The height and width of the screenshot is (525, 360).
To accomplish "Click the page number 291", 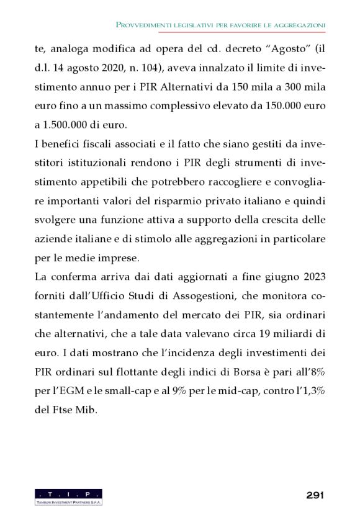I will (x=315, y=495).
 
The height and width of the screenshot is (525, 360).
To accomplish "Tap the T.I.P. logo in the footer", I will (x=68, y=496).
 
